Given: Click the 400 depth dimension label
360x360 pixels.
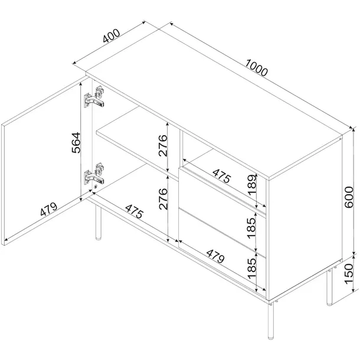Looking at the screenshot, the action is [112, 36].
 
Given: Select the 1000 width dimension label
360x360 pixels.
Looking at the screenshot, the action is [257, 67].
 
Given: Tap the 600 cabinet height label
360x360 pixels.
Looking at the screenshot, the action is [349, 197].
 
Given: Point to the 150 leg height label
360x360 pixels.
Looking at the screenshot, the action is [349, 274].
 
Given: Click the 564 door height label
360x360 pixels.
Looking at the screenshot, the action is [76, 143].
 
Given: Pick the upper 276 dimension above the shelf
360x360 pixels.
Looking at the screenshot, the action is [163, 146].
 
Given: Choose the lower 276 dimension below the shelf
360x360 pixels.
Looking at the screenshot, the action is [163, 199].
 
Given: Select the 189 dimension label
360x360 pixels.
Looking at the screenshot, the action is [252, 185].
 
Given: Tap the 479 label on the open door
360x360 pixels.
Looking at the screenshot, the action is [48, 209].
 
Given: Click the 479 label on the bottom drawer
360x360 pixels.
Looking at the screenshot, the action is [215, 256].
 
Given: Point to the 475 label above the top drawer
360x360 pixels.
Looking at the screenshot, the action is [221, 176].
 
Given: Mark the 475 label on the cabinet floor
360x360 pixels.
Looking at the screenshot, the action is [135, 211].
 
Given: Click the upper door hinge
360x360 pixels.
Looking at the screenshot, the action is [94, 97].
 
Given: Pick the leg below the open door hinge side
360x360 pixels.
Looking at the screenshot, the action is [99, 222].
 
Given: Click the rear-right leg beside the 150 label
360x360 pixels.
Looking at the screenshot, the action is [329, 287].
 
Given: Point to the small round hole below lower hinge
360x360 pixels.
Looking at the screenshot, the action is [96, 187].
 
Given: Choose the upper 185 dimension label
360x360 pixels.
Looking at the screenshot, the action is [252, 228].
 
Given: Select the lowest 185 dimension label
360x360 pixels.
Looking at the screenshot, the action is [252, 268].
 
